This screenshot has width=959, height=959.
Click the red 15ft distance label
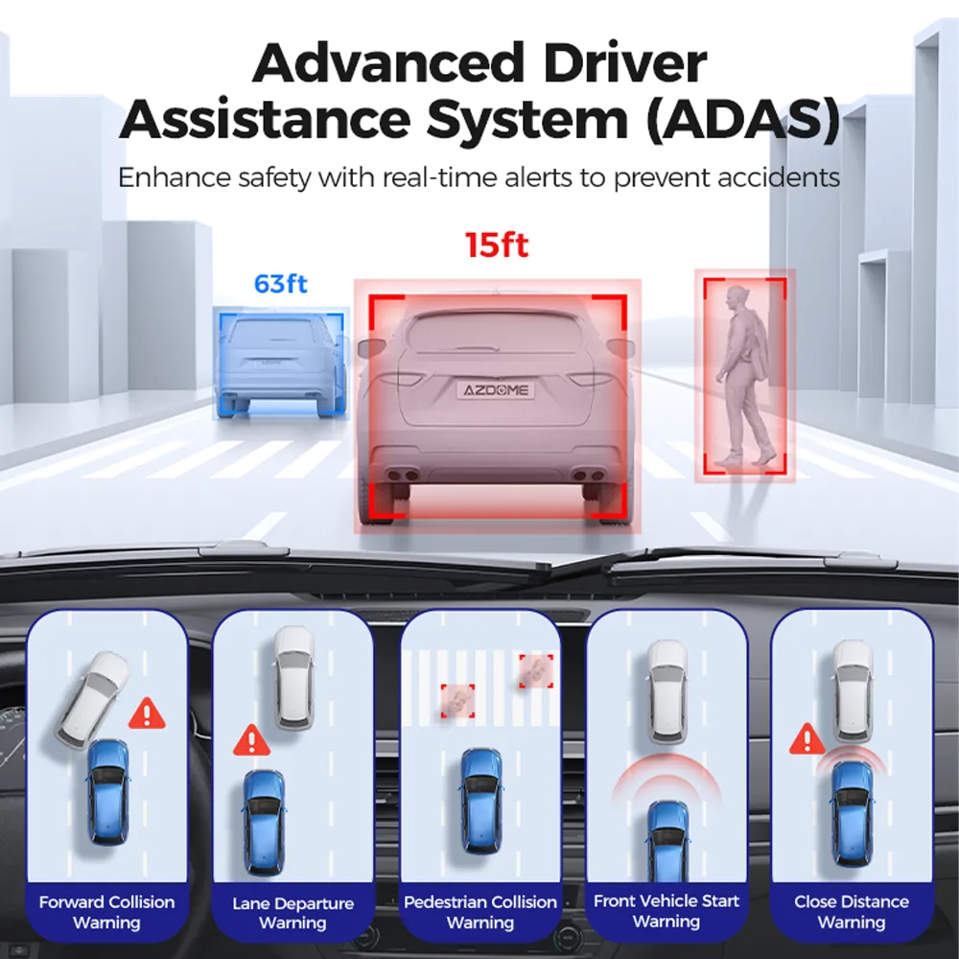click(x=497, y=245)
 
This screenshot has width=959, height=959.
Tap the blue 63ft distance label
click(x=280, y=284)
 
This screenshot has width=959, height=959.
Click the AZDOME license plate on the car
click(x=496, y=390)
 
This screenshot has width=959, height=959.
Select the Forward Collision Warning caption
click(x=107, y=912)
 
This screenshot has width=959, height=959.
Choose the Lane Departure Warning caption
click(x=292, y=913)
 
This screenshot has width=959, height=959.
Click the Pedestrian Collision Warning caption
click(x=480, y=912)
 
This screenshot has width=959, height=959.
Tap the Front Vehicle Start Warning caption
click(x=667, y=911)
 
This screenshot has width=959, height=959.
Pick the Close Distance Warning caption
click(x=852, y=911)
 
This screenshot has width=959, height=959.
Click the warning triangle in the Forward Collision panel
click(x=147, y=713)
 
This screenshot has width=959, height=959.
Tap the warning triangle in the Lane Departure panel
click(x=251, y=740)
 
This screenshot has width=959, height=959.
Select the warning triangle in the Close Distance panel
click(x=807, y=739)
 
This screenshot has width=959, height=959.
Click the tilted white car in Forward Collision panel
click(x=93, y=699)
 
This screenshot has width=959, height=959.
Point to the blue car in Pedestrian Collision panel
click(x=480, y=800)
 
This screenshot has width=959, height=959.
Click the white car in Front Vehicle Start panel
click(x=667, y=690)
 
